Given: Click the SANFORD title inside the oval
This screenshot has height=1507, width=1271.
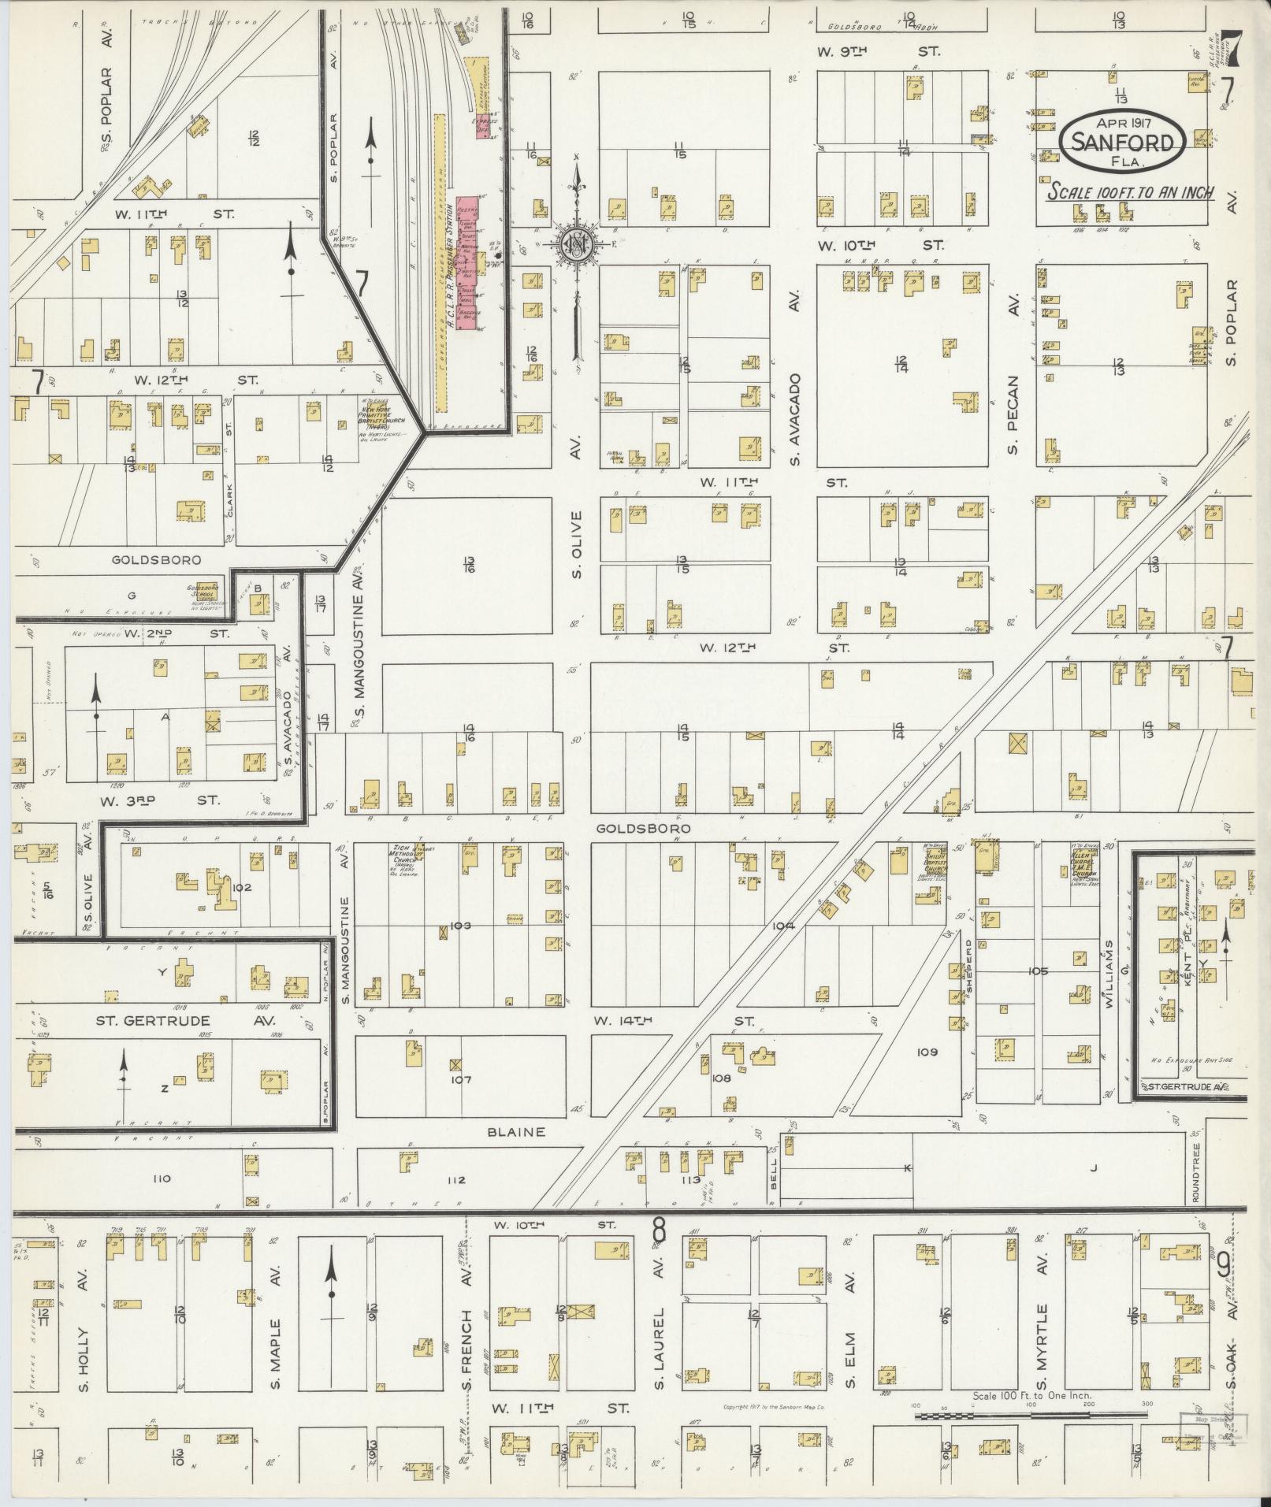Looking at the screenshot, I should (x=1123, y=142).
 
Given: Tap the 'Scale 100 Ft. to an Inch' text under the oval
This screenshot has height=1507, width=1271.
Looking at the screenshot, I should (x=1130, y=191).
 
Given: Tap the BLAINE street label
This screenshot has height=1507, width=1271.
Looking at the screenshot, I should (x=516, y=1132).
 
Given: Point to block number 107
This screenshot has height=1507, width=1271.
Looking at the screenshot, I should (x=460, y=1079).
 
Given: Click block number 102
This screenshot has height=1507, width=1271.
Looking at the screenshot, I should (x=241, y=887).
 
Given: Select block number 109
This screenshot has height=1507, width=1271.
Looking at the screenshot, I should (x=927, y=1052).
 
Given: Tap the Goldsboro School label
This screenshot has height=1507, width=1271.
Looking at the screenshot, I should (x=203, y=592).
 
